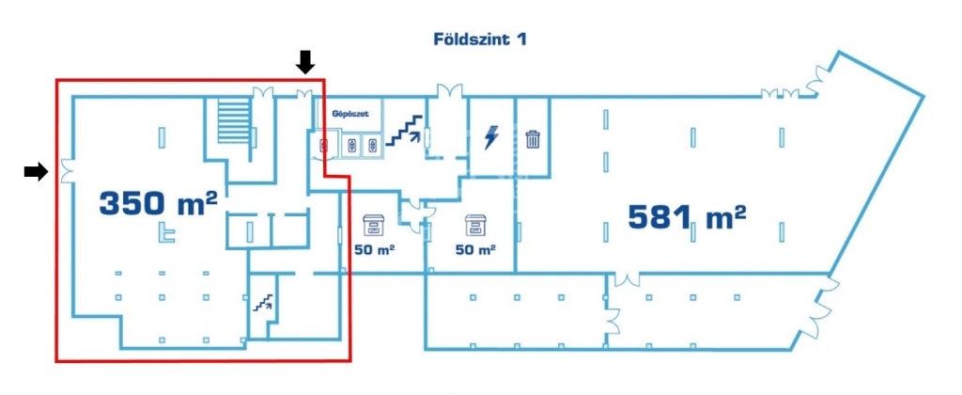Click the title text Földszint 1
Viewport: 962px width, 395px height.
click(480, 39)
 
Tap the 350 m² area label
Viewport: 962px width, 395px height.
click(158, 203)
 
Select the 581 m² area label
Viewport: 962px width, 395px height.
click(687, 217)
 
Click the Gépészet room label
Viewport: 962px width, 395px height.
click(350, 114)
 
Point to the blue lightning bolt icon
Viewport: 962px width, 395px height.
click(490, 137)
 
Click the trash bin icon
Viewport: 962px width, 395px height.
click(533, 139)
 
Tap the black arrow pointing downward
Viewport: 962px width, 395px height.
click(305, 62)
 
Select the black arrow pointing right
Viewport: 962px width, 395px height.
click(37, 172)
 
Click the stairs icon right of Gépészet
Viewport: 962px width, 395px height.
click(403, 130)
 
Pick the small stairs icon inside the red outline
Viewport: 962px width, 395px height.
click(264, 301)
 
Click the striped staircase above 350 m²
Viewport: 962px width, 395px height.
click(235, 121)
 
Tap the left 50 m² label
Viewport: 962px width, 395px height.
click(374, 250)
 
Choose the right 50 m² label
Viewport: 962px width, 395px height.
click(476, 250)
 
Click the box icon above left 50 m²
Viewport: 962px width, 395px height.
click(373, 226)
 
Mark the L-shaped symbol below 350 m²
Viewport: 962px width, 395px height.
click(164, 232)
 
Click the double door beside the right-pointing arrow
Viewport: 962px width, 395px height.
click(67, 171)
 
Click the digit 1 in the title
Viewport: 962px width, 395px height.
click(521, 39)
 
